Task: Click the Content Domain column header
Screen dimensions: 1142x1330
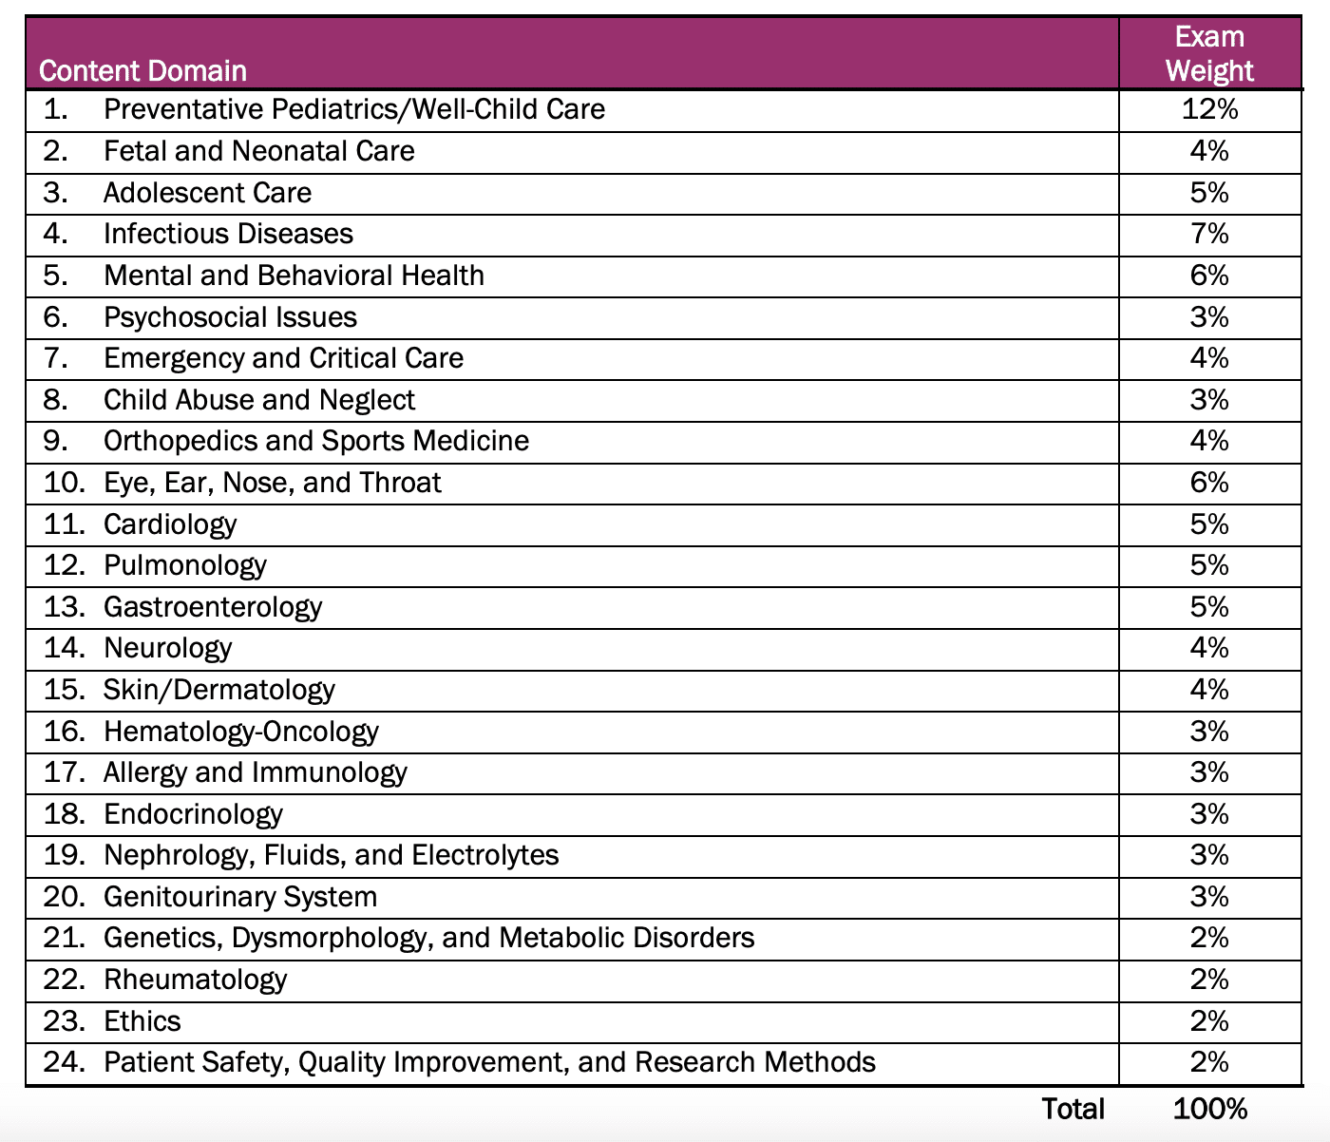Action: (142, 71)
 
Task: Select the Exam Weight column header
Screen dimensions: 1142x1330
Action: (1209, 53)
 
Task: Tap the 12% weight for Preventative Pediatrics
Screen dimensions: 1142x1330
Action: (1209, 109)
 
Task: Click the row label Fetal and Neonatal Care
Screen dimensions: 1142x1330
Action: (258, 151)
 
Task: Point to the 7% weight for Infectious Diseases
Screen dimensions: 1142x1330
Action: (1209, 234)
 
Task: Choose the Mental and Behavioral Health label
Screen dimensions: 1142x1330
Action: (294, 276)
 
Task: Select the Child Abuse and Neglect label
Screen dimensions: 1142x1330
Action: (258, 400)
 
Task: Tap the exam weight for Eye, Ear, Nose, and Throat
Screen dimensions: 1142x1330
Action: (1209, 483)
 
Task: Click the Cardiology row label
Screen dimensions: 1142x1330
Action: (170, 524)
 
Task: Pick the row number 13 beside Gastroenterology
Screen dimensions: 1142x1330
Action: (64, 607)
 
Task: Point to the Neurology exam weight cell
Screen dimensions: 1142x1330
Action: (1209, 648)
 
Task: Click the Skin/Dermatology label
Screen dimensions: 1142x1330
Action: (218, 690)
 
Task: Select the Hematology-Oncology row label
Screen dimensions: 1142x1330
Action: (240, 732)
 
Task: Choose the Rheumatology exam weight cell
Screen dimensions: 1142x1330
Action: (1209, 980)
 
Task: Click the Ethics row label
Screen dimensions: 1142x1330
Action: (142, 1021)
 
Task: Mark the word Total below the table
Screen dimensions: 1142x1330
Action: (1073, 1109)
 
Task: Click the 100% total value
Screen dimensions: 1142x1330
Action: (1209, 1109)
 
